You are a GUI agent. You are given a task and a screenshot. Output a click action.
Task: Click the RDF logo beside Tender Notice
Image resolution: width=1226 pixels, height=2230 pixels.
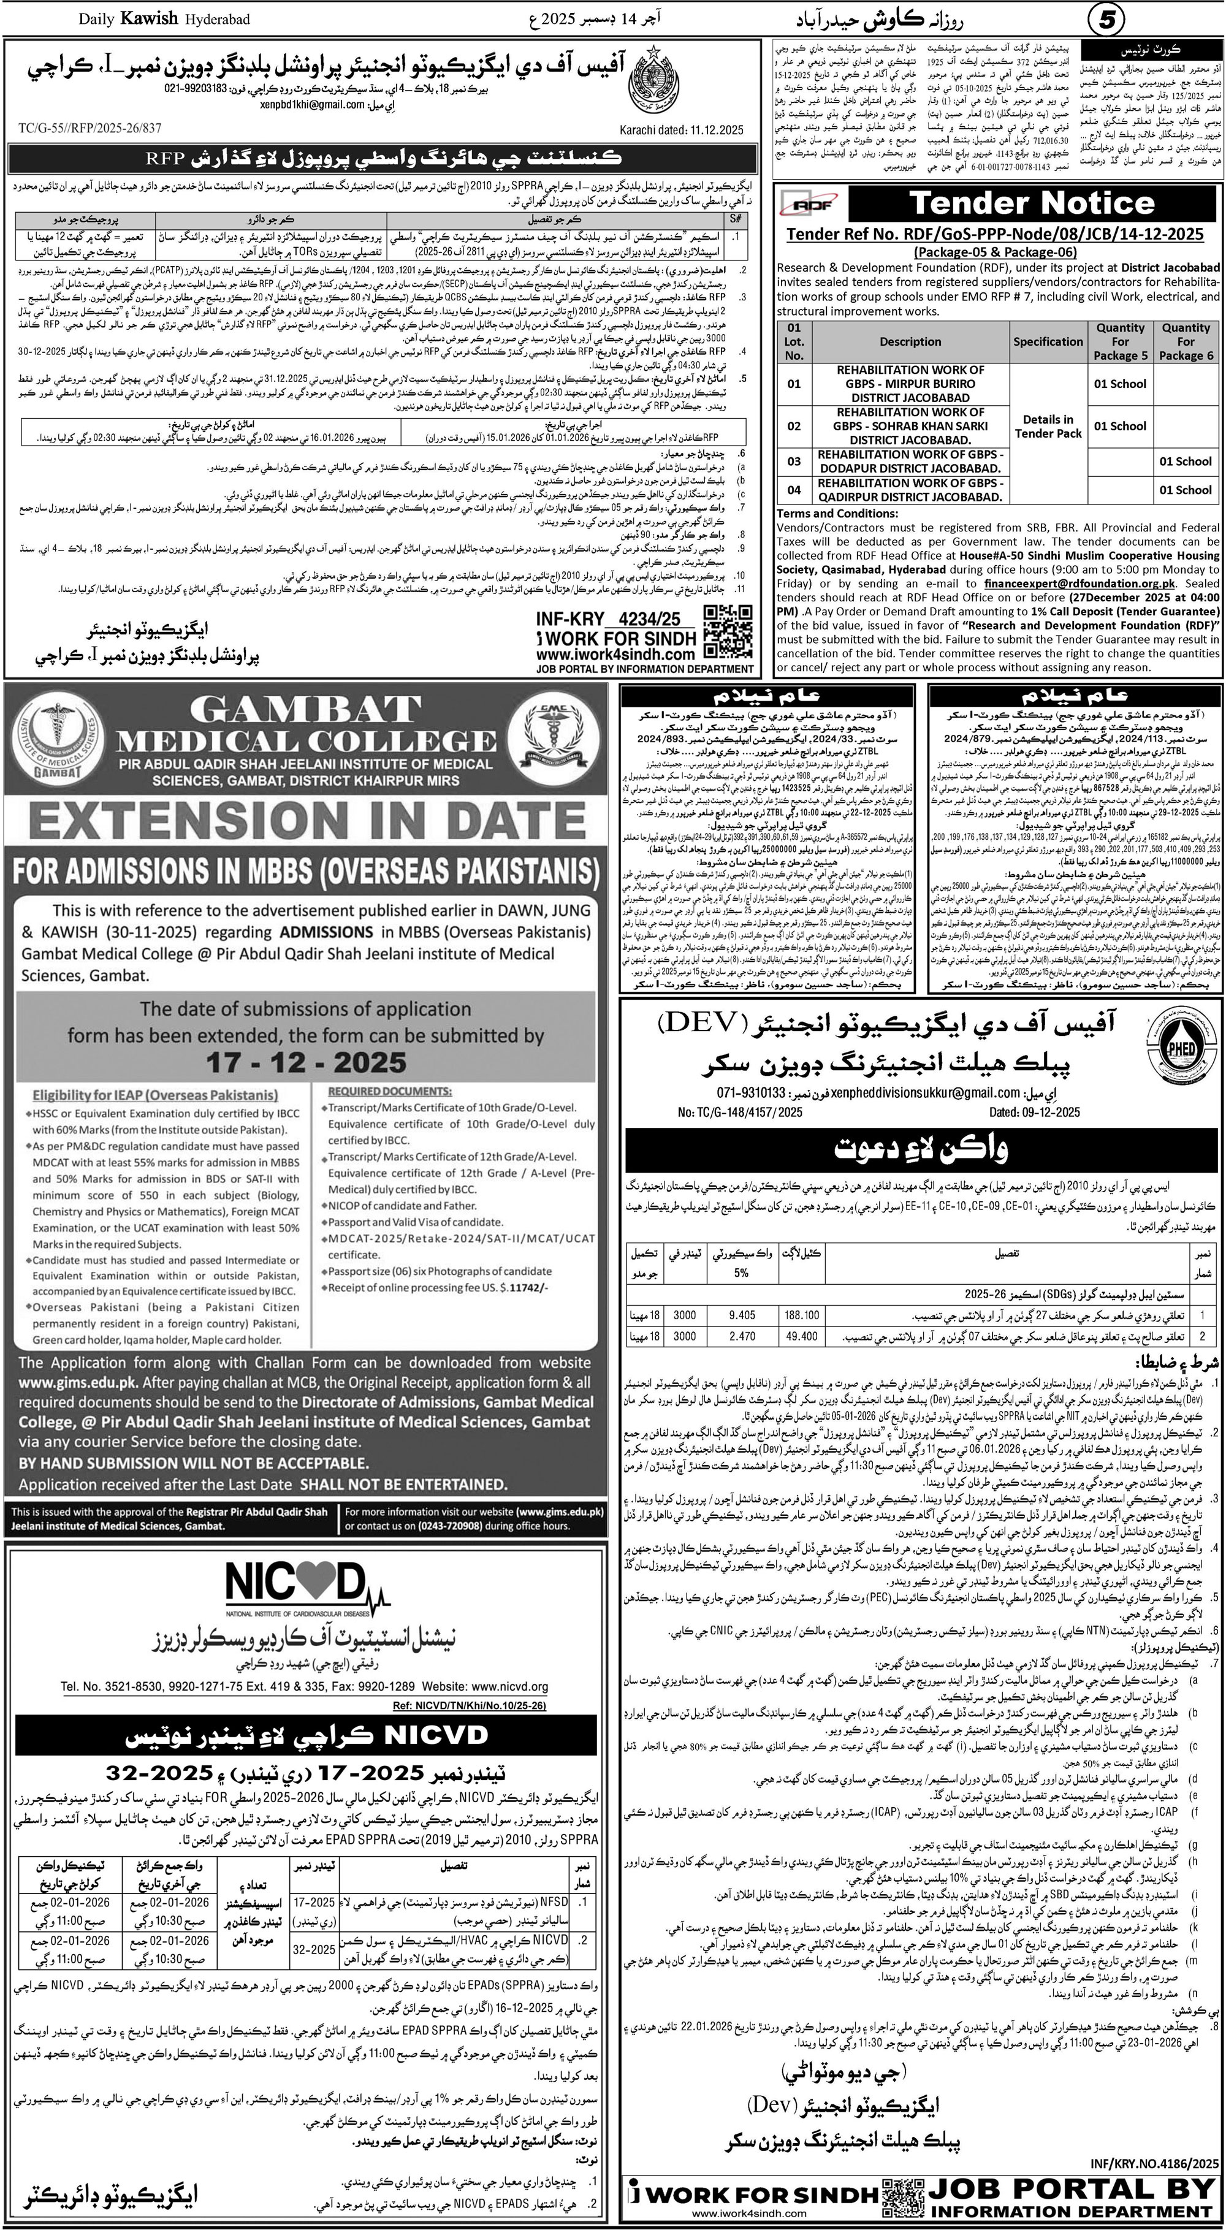click(x=810, y=204)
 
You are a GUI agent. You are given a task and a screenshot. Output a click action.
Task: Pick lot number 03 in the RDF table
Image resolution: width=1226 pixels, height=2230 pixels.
click(x=794, y=462)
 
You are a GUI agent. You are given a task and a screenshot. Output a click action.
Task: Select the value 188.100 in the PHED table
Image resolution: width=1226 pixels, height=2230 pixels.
click(x=801, y=1315)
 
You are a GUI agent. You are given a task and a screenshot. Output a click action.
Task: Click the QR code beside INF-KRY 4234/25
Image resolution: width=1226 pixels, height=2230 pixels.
click(x=726, y=632)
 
